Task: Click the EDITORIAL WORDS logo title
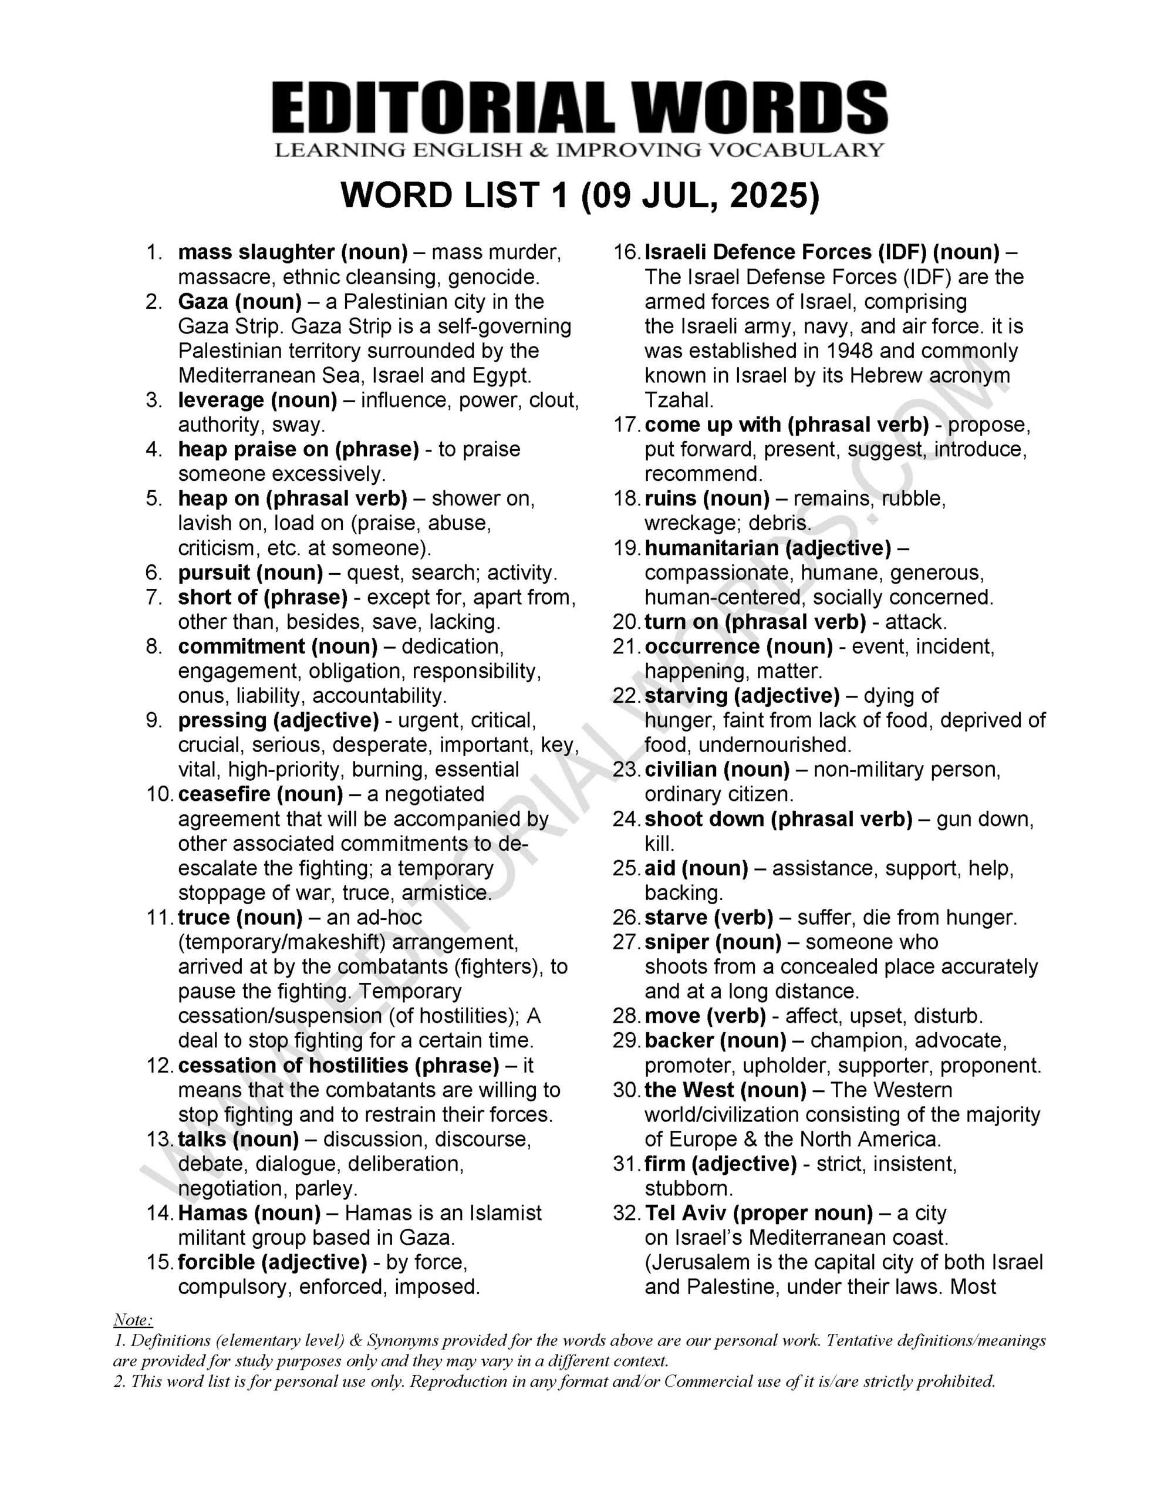point(579,108)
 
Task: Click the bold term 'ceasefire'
point(224,794)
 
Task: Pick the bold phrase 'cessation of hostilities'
point(293,1066)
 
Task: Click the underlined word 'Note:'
point(133,1319)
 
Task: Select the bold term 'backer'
point(679,1040)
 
